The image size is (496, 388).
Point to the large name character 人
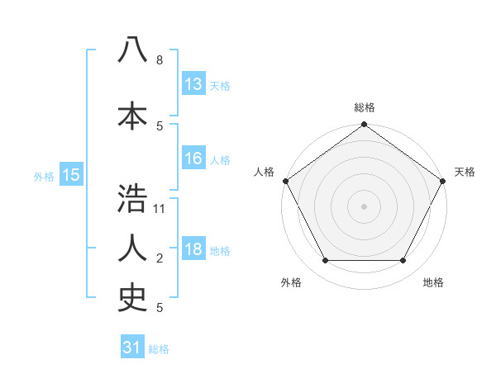coord(132,248)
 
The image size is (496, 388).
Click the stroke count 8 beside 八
coord(159,60)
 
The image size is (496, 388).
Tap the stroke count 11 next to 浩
coord(160,209)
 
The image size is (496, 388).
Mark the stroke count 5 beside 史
coord(159,308)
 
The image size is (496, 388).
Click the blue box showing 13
coord(193,84)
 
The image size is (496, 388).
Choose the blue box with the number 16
coord(193,159)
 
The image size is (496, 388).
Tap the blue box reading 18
coord(193,249)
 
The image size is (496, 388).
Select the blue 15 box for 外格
coord(70,175)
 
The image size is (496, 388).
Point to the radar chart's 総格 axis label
coord(364,107)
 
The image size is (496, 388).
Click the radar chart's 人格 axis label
coord(265,172)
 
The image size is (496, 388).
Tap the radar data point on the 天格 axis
coord(443,181)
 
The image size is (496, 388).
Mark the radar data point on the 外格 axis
coord(325,261)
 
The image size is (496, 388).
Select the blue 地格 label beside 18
coord(220,251)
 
